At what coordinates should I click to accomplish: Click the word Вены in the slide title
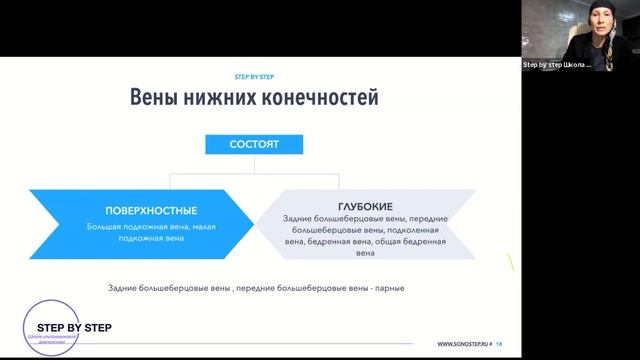pyautogui.click(x=155, y=98)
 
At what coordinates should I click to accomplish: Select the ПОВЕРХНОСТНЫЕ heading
pyautogui.click(x=151, y=211)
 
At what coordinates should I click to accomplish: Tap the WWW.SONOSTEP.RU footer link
pyautogui.click(x=463, y=344)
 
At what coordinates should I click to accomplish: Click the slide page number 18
pyautogui.click(x=499, y=344)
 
